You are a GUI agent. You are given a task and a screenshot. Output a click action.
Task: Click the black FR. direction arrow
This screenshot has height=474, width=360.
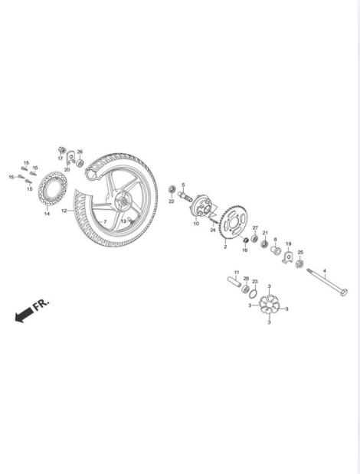coord(25,315)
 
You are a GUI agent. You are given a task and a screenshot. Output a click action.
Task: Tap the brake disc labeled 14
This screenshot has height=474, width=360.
coord(53,188)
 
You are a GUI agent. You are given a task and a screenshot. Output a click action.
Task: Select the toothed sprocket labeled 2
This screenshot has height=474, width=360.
coord(234,223)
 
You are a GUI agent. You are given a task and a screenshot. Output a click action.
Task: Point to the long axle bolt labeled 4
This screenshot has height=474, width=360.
coord(327,281)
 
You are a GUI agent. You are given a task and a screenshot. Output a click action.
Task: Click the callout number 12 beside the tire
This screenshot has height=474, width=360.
coord(64,211)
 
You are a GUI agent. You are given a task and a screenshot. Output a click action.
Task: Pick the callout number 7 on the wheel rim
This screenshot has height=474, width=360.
coord(105,221)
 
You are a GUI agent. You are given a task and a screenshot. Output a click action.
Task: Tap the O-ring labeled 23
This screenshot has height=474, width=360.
coord(254,293)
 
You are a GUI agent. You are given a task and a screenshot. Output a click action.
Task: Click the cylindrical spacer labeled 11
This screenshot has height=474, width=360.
coord(234,281)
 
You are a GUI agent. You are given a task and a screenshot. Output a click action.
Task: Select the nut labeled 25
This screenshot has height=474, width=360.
coord(299,263)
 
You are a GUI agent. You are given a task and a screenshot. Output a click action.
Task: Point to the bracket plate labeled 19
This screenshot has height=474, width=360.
coord(288,257)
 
